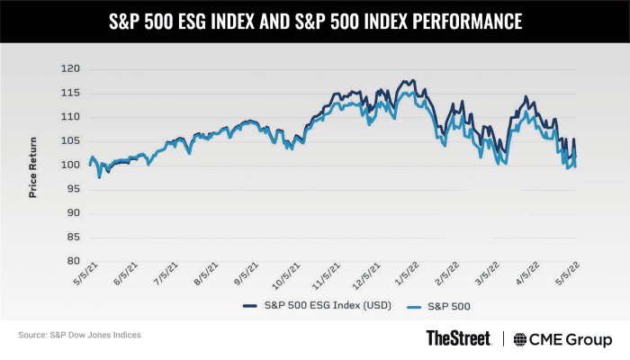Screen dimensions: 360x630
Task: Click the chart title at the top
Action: [315, 19]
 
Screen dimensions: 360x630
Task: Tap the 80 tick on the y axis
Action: [72, 261]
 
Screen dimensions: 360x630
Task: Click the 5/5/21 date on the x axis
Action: [80, 275]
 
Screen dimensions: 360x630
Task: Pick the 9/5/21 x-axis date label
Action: [246, 275]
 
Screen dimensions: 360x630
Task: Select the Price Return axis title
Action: [33, 166]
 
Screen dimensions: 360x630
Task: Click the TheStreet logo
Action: [458, 338]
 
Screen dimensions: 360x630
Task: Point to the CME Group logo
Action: [560, 338]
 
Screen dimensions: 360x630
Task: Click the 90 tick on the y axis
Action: [72, 213]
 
